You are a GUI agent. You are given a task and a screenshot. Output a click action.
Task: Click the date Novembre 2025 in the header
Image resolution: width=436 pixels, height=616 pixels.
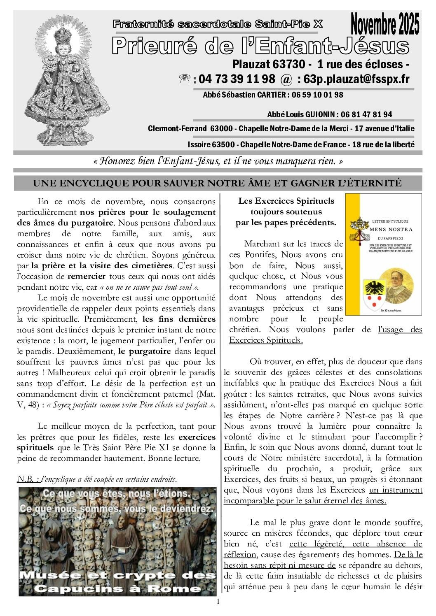pos(385,24)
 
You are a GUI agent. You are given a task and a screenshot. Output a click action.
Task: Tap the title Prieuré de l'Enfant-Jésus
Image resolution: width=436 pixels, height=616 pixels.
pos(260,46)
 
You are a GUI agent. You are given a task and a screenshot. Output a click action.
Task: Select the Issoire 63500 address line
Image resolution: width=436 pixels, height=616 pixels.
pos(301,145)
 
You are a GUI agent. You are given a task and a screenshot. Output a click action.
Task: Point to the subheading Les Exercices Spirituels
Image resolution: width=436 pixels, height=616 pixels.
pos(286,201)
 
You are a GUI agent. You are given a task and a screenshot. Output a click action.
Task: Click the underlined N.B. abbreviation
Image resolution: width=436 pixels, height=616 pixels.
pos(28,479)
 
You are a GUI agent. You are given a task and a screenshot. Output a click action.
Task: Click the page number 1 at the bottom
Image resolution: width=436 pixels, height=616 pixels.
pos(218,602)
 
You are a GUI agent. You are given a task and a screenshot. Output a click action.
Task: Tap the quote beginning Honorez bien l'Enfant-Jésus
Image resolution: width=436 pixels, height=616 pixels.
pos(218,161)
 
